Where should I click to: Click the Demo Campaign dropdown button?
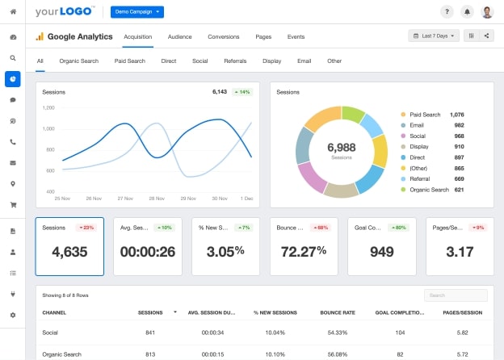136,12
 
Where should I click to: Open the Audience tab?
179,36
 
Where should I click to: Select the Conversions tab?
223,36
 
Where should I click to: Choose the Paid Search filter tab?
129,61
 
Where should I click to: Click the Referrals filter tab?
235,61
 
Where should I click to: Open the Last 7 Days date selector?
434,36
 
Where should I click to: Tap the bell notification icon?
467,12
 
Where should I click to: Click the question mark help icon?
447,12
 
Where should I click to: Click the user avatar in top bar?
487,12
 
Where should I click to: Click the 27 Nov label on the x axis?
125,198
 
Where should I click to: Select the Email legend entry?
417,125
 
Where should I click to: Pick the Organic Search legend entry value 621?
459,189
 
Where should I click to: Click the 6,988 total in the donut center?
341,147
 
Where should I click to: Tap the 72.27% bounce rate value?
304,251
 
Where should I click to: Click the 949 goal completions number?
381,251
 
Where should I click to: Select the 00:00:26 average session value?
147,251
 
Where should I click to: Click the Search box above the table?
455,295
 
